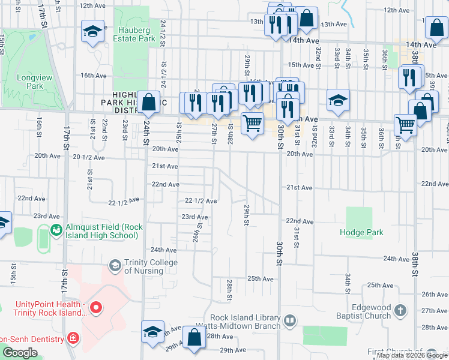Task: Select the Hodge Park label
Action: pyautogui.click(x=360, y=232)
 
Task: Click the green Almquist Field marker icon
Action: pyautogui.click(x=56, y=229)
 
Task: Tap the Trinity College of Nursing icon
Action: pyautogui.click(x=114, y=265)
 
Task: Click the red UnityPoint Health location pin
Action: pyautogui.click(x=97, y=308)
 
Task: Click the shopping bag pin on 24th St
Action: pyautogui.click(x=148, y=102)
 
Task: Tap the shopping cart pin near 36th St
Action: pyautogui.click(x=406, y=125)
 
